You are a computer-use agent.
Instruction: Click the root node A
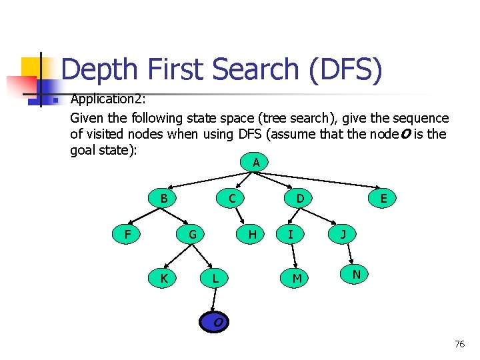tap(256, 163)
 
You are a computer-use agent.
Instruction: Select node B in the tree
tap(164, 198)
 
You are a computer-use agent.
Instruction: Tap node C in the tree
tap(231, 198)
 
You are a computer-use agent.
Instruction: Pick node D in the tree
tap(301, 198)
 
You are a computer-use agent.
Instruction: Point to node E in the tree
tap(383, 198)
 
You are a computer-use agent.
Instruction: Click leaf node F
tap(127, 234)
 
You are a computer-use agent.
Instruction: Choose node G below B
tap(192, 234)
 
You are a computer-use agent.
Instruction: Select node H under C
tap(252, 234)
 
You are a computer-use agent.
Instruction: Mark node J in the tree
tap(343, 234)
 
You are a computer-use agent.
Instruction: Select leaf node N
tap(357, 274)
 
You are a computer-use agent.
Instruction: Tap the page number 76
tap(459, 344)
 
